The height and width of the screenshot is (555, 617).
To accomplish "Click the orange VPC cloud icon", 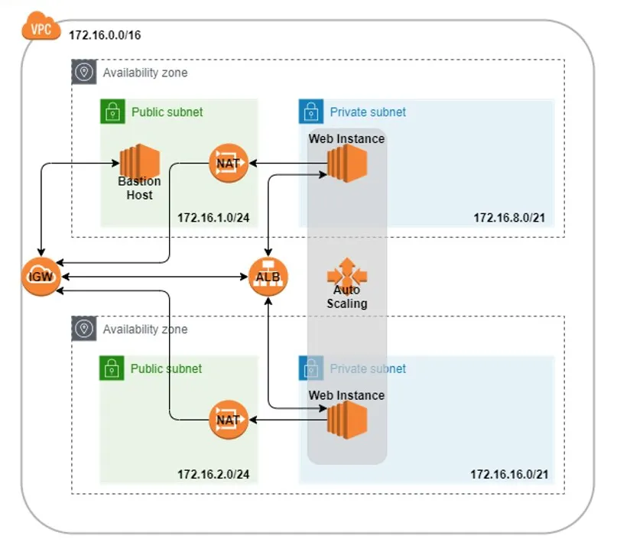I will [41, 30].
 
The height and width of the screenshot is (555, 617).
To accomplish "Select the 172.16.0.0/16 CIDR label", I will [105, 36].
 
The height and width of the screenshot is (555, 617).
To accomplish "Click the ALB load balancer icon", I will [268, 277].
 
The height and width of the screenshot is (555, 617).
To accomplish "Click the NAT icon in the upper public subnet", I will [229, 163].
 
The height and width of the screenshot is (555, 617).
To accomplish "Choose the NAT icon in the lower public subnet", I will [229, 419].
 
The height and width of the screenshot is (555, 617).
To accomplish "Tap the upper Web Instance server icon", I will [347, 162].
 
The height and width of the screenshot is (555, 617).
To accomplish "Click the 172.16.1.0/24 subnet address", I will [213, 218].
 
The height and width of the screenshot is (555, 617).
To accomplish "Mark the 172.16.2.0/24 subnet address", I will [213, 475].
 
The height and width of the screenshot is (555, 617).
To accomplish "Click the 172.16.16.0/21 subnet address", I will [509, 475].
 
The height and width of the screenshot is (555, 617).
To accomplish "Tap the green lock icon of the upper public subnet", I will [112, 112].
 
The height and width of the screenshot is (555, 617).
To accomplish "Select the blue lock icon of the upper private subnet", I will [310, 112].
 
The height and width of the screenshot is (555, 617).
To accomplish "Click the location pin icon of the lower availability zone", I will [83, 329].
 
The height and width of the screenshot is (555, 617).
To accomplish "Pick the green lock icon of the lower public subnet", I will [112, 368].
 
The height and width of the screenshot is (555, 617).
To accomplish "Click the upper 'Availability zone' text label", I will [145, 73].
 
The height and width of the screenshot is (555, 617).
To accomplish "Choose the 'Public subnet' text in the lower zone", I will [166, 368].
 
